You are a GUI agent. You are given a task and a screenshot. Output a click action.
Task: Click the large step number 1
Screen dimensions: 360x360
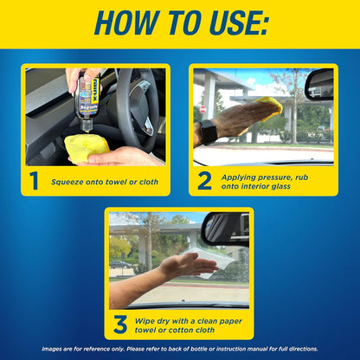pyautogui.click(x=34, y=181)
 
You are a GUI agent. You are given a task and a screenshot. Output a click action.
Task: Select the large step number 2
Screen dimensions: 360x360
pyautogui.click(x=204, y=181)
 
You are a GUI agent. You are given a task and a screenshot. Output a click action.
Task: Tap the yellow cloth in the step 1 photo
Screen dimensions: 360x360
pyautogui.click(x=87, y=146)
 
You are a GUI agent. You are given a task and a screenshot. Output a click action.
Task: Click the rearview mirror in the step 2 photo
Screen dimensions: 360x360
pyautogui.click(x=320, y=83)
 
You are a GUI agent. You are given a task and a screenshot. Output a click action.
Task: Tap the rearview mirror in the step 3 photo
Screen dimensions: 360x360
pyautogui.click(x=226, y=228)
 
